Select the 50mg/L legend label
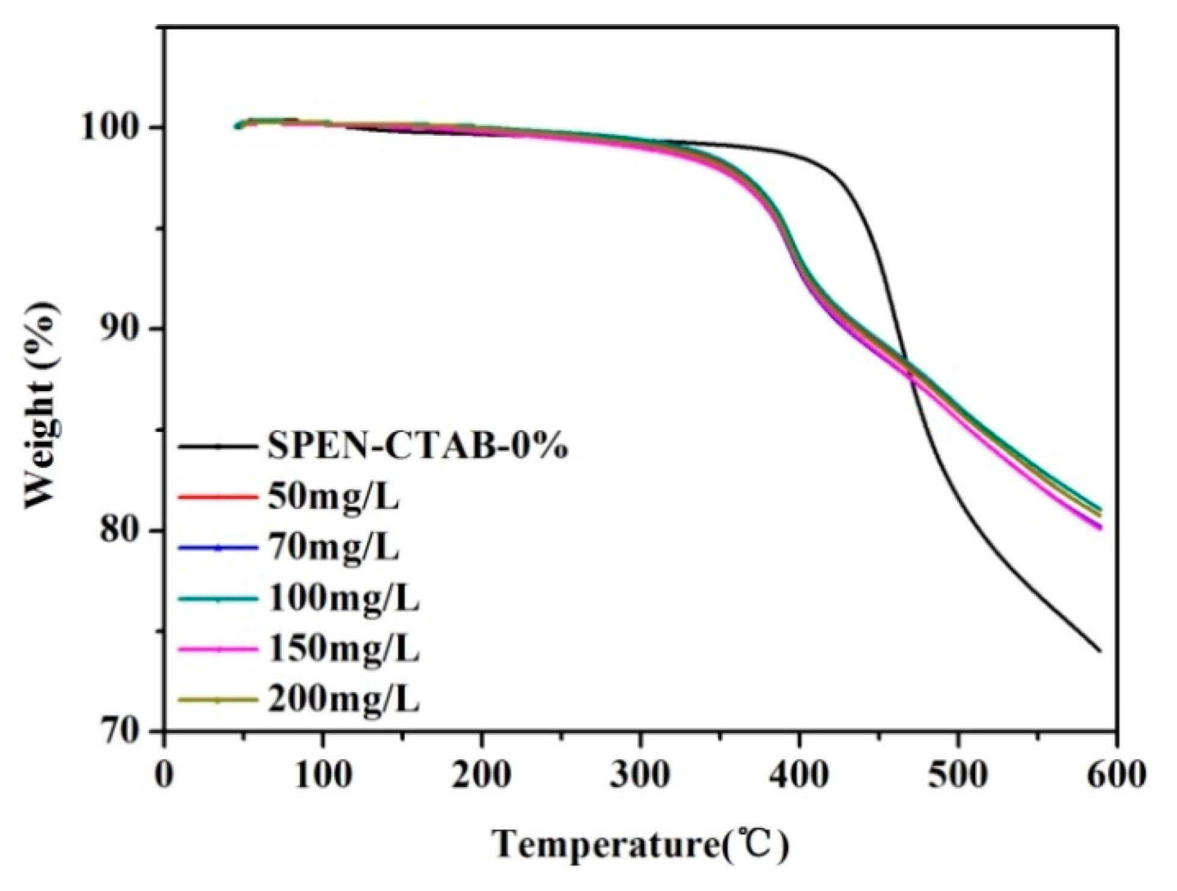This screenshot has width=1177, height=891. (x=333, y=498)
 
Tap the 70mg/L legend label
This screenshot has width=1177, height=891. (x=333, y=549)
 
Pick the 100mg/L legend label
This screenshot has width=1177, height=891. (x=343, y=599)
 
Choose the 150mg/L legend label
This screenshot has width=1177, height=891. (x=343, y=649)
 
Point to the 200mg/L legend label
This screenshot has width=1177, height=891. (x=343, y=700)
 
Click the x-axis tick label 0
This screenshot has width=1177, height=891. (x=163, y=775)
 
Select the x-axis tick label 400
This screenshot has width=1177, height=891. (x=799, y=775)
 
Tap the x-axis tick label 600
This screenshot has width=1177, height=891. (x=1116, y=775)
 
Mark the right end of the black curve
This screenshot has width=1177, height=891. (x=1100, y=651)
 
